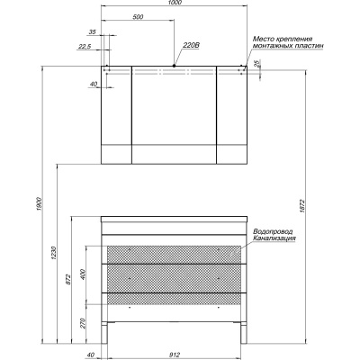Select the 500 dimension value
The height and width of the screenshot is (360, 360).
pyautogui.click(x=139, y=17)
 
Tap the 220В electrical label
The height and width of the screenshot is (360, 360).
pyautogui.click(x=192, y=45)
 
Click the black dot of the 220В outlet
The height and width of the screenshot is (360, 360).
pyautogui.click(x=174, y=66)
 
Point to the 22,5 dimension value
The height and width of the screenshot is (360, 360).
pyautogui.click(x=85, y=46)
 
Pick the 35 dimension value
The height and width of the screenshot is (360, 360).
pyautogui.click(x=93, y=31)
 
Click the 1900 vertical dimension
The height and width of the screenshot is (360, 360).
pyautogui.click(x=39, y=204)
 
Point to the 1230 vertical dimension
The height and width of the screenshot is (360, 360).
pyautogui.click(x=53, y=253)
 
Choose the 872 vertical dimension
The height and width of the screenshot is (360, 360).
pyautogui.click(x=68, y=279)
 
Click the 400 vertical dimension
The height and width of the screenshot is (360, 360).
pyautogui.click(x=83, y=274)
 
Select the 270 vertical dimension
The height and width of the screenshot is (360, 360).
pyautogui.click(x=83, y=323)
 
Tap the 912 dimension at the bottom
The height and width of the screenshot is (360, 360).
pyautogui.click(x=175, y=355)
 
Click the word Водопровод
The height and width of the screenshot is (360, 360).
pyautogui.click(x=273, y=232)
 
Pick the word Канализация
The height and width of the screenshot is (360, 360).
pyautogui.click(x=274, y=238)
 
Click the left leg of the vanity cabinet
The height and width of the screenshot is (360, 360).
pyautogui.click(x=104, y=333)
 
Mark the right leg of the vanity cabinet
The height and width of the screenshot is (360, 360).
pyautogui.click(x=244, y=333)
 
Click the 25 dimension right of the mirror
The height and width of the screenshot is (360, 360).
pyautogui.click(x=256, y=63)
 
